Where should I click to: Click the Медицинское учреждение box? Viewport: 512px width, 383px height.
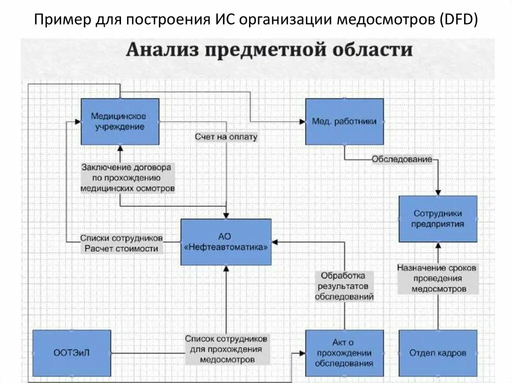(120, 121)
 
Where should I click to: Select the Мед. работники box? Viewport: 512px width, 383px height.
(344, 121)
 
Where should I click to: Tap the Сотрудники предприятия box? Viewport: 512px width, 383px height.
(437, 219)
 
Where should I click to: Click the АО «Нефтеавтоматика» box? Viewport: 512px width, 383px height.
(226, 242)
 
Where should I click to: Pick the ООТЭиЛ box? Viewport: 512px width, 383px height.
(71, 353)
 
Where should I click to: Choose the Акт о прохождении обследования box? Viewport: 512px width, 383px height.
(344, 353)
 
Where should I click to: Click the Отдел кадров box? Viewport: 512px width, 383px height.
(437, 353)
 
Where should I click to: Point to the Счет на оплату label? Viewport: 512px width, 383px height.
(226, 136)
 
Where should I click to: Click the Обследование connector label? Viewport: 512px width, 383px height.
(401, 159)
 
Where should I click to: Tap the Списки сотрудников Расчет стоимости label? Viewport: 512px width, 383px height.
(121, 243)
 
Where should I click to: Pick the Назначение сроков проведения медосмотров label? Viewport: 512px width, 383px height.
(437, 278)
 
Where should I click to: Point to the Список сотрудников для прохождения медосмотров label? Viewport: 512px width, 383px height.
(226, 349)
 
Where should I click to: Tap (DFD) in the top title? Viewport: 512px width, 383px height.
(459, 20)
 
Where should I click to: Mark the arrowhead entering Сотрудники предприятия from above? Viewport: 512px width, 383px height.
(438, 192)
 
